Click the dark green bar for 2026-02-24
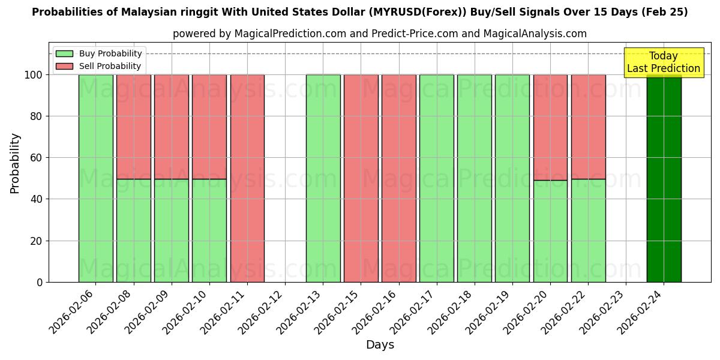tap(664, 180)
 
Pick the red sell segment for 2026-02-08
tap(134, 127)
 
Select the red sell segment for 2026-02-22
tap(588, 127)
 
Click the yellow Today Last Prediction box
tap(664, 62)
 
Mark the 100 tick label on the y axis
tap(34, 75)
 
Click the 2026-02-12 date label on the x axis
tap(263, 315)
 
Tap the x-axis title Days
tap(380, 345)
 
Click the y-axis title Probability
tap(15, 163)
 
